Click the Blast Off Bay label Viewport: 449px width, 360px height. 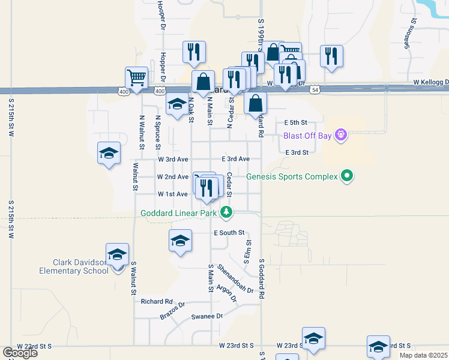(308, 136)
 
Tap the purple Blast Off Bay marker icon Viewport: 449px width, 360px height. (341, 135)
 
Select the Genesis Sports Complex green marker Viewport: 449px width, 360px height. (346, 176)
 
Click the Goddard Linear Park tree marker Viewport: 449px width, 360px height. (226, 212)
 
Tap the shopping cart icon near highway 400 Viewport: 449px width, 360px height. (137, 78)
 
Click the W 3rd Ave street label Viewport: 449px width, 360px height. (173, 159)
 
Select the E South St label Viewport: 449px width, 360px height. (229, 232)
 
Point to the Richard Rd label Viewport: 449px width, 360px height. (157, 301)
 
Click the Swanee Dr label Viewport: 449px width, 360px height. (206, 316)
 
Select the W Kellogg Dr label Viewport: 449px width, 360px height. (430, 82)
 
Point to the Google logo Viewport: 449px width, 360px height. (20, 353)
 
